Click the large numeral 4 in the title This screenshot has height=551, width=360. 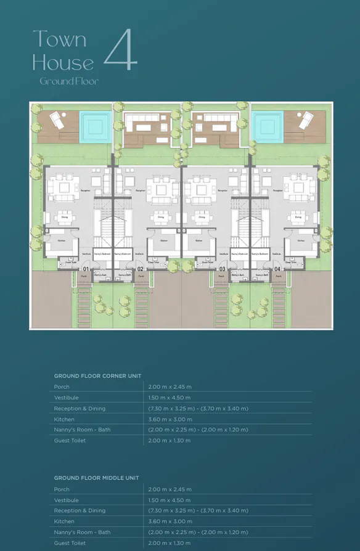(120, 50)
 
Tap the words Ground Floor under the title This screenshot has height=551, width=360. (69, 81)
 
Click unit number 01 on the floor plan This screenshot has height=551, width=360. (85, 270)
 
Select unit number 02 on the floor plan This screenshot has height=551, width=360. (141, 270)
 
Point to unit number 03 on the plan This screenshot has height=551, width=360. (221, 270)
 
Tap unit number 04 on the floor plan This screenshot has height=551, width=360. (277, 270)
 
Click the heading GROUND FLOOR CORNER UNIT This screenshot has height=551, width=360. (97, 375)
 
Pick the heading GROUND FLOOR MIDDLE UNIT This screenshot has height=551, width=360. (96, 478)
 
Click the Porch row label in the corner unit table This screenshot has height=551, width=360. (62, 387)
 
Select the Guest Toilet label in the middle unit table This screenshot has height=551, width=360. (70, 543)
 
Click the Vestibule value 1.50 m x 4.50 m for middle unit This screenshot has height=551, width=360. (170, 500)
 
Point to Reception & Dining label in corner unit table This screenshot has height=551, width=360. (80, 409)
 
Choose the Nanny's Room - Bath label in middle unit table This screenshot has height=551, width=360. (82, 532)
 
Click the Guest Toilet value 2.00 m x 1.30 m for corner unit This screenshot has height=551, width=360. (170, 441)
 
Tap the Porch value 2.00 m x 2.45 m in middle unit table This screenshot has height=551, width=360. (170, 489)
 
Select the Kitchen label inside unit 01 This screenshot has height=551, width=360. (62, 240)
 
